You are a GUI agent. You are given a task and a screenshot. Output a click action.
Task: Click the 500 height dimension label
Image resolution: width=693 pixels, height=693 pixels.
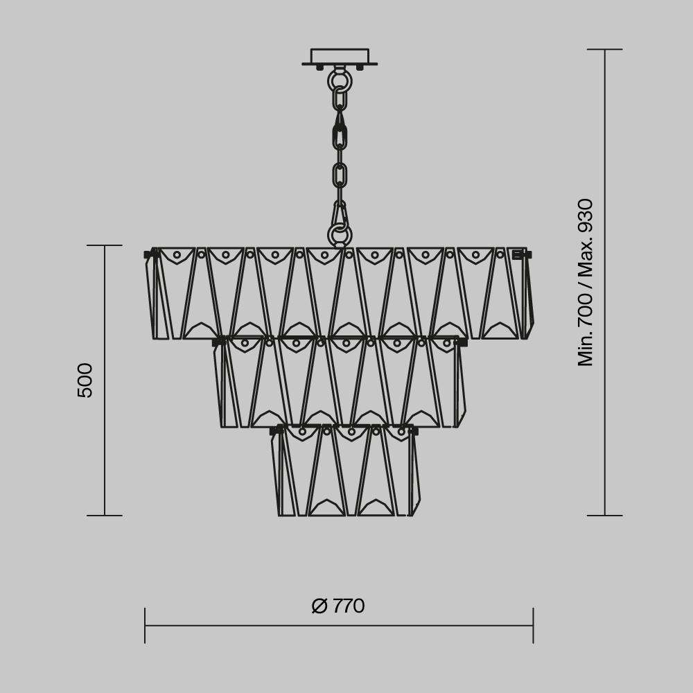pos(85,380)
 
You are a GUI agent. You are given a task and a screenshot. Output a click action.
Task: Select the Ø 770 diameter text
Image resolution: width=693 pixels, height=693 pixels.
pos(338,606)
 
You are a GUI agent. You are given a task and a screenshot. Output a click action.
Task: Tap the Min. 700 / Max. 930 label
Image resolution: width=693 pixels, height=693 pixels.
pos(586,282)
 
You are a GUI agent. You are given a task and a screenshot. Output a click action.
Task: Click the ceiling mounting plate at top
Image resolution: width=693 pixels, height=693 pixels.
pos(340,57)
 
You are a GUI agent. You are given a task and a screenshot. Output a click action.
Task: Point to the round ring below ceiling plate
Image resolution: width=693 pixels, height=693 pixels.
pos(340,81)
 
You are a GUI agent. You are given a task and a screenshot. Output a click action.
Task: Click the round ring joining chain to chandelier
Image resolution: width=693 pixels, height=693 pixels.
pos(340,236)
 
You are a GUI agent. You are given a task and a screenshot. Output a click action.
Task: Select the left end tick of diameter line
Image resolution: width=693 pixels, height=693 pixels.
pos(145,625)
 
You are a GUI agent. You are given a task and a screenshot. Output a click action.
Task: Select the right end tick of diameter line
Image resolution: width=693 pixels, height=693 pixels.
pos(533,625)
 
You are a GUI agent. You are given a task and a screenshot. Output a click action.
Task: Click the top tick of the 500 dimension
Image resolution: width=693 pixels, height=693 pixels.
pos(105,245)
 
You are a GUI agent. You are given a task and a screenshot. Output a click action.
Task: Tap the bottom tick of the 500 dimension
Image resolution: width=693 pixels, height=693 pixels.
pos(105,516)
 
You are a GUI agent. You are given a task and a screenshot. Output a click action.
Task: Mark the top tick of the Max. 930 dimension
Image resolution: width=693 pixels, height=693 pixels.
pos(605,49)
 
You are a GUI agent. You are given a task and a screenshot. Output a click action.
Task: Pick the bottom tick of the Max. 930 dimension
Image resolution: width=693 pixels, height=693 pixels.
pos(605,516)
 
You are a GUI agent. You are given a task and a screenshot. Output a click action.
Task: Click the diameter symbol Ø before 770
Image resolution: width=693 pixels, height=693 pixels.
pos(319,606)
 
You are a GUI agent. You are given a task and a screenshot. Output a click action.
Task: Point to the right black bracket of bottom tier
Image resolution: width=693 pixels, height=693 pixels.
pos(414,431)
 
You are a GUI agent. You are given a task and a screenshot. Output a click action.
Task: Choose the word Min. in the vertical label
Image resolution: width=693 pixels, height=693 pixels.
pos(586,347)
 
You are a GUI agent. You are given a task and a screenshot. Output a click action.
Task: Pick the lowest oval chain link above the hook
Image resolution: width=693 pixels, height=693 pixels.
pos(340,175)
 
